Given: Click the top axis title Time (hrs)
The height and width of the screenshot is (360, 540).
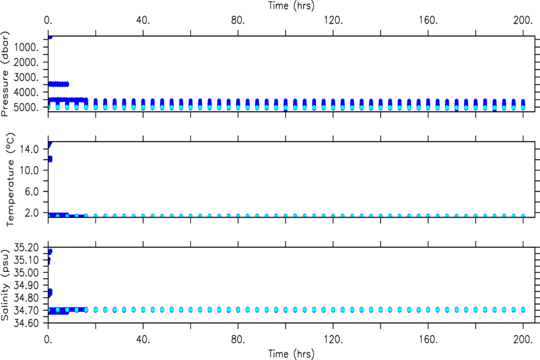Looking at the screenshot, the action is [x=292, y=5].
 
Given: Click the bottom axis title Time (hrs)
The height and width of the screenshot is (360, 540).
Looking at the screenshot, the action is [x=292, y=354].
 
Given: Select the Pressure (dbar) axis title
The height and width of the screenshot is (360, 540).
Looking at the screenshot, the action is [x=5, y=74].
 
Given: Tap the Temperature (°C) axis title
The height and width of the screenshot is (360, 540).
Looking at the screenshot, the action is [x=10, y=179].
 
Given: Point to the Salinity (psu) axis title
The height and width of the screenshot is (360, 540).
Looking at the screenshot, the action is [x=5, y=284].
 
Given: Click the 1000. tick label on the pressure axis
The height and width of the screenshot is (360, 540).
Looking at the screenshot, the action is [x=26, y=47].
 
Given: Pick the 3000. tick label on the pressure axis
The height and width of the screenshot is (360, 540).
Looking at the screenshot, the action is [x=26, y=77].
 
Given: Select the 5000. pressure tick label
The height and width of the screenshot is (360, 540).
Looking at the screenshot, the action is [x=26, y=107].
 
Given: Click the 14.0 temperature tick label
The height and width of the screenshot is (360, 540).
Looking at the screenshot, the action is [x=29, y=149].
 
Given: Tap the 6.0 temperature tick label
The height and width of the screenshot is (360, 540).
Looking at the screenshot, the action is [x=31, y=191].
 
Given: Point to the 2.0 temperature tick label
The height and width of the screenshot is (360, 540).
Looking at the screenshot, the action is [x=31, y=212].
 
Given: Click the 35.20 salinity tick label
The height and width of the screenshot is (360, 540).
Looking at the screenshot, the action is [x=26, y=247].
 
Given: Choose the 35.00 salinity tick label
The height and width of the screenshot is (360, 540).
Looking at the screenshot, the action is [x=26, y=272].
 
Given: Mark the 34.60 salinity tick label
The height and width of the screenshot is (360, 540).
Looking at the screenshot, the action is [x=26, y=323].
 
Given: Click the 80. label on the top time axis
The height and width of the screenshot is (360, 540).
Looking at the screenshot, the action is [x=238, y=20].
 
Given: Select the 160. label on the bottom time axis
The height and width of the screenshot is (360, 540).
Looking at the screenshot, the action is [x=428, y=340].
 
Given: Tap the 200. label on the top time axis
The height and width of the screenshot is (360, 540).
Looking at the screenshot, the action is [x=523, y=20].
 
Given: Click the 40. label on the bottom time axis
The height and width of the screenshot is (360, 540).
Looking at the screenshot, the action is [x=143, y=340].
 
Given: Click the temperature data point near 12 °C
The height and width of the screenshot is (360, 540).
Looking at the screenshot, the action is [x=50, y=159].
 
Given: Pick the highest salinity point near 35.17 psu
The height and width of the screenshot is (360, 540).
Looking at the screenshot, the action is [x=50, y=251].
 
